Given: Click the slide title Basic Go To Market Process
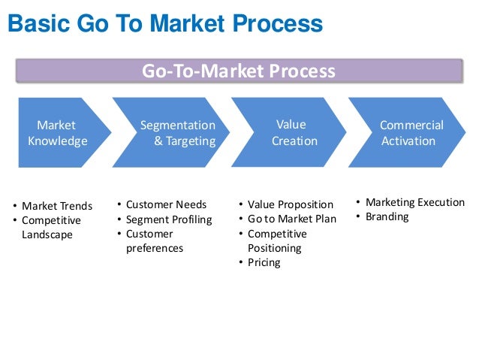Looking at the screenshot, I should [164, 25].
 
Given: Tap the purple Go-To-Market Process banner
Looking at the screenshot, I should [239, 71].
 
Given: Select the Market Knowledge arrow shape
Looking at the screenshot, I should [59, 132].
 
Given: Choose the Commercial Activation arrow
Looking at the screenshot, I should [410, 132].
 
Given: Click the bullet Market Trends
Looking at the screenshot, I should [57, 206].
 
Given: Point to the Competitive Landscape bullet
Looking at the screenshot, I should [51, 228].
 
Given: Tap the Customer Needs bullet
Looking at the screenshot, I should [166, 204].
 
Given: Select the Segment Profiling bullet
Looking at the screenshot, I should [169, 219].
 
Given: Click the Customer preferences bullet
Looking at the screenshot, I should [154, 241].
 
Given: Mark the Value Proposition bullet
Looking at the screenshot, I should [290, 204].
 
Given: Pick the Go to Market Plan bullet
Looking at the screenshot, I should [292, 219].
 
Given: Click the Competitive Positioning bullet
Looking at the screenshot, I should [277, 241].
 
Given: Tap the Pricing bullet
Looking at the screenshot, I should [264, 262].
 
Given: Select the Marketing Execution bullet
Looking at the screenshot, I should [414, 202].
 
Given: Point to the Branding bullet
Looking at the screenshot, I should [387, 216].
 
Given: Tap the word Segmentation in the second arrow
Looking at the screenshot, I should [178, 126].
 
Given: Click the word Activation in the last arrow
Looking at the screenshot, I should [408, 141].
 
